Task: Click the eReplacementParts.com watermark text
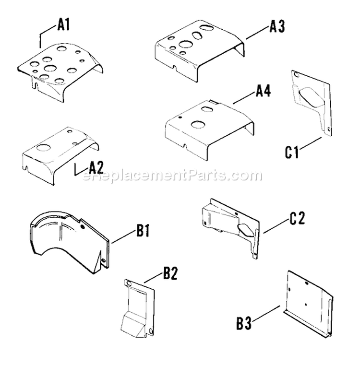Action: pos(173,176)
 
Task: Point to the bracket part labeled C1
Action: pos(311,103)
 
